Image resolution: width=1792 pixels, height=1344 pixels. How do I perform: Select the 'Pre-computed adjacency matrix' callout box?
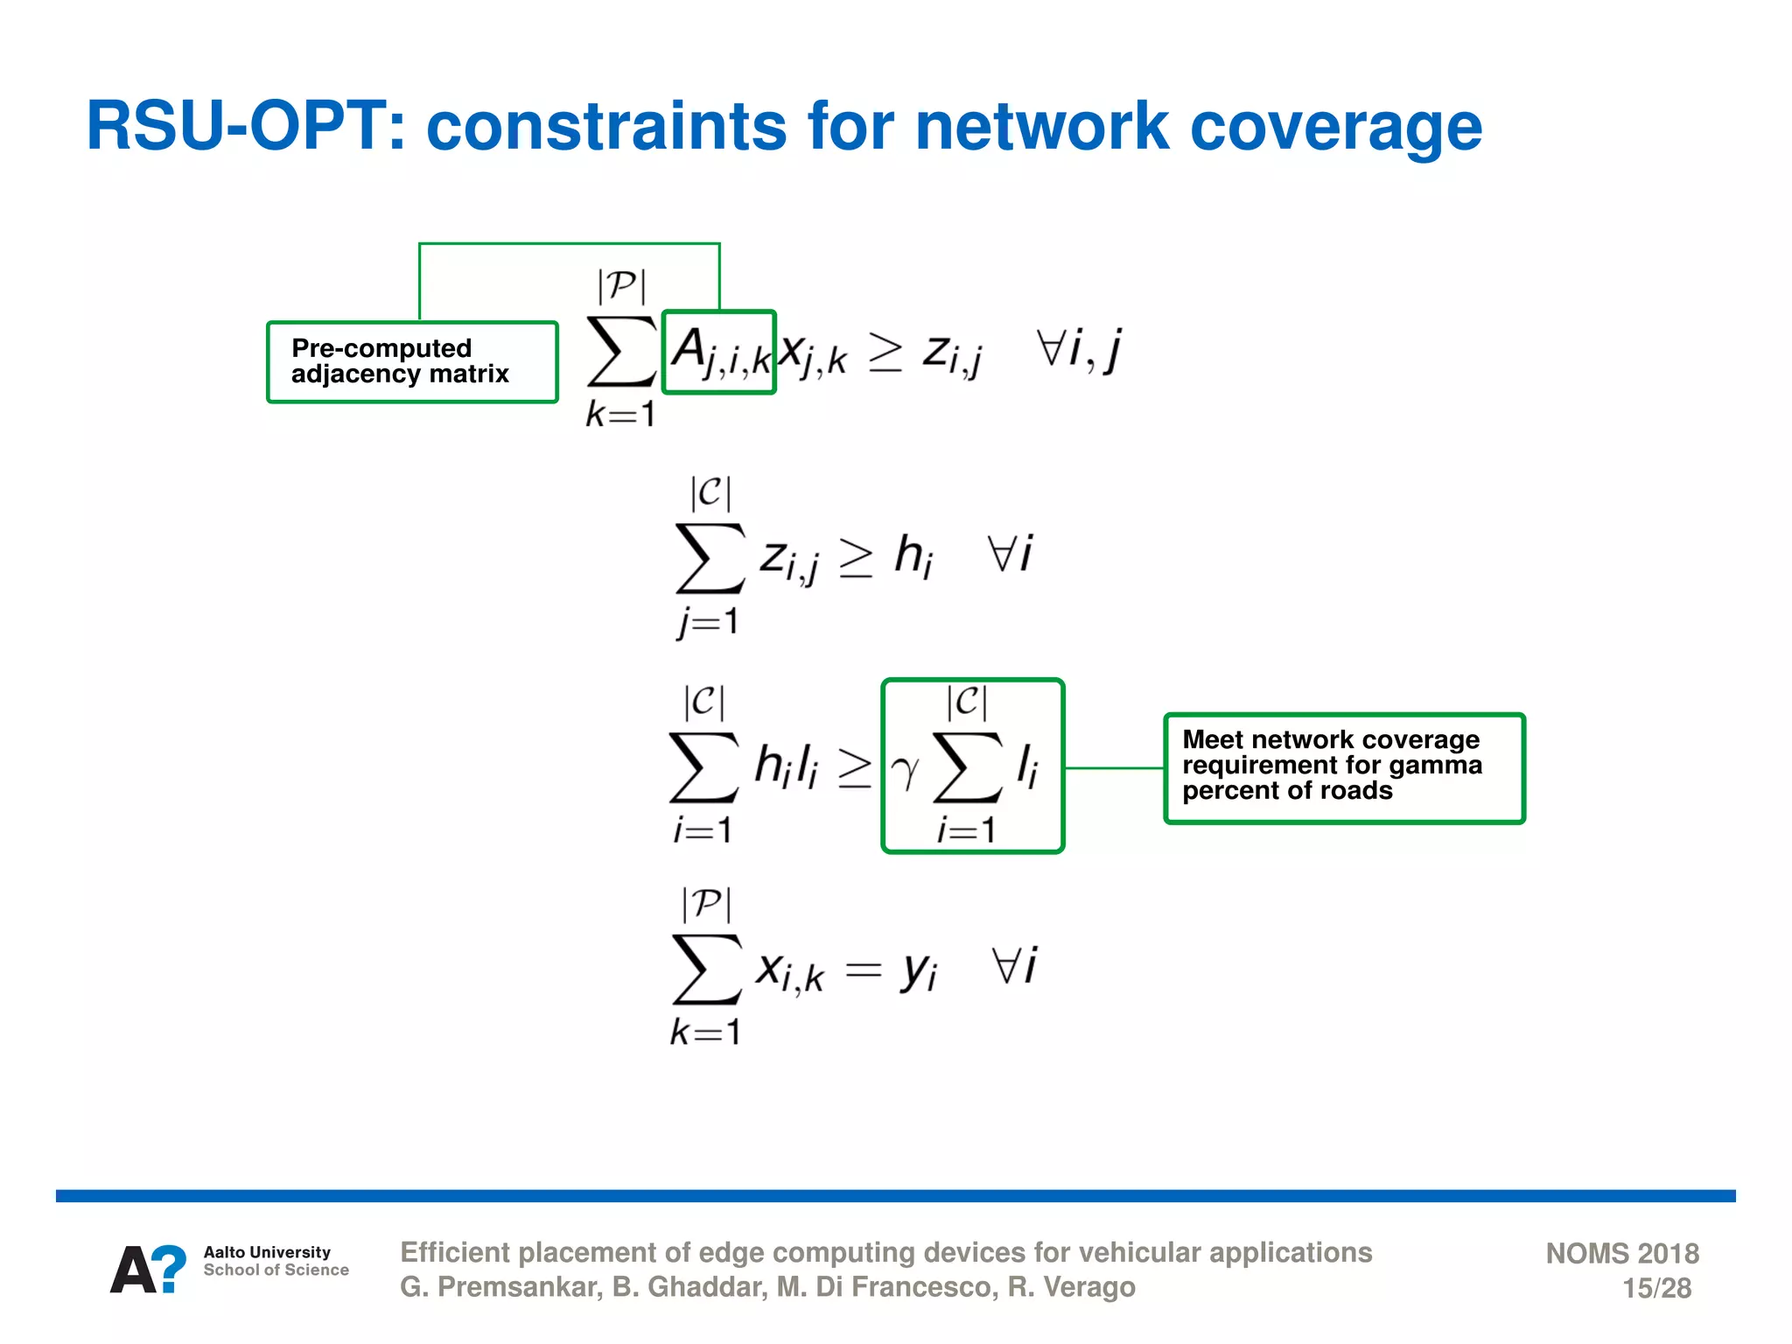(412, 361)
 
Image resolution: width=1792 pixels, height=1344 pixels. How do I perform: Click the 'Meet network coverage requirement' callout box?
(1344, 767)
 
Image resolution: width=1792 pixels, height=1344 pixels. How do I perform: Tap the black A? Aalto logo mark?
(148, 1269)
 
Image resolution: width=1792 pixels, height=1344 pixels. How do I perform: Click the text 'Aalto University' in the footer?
(267, 1252)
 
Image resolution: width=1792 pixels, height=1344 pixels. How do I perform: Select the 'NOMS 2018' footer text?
(1621, 1253)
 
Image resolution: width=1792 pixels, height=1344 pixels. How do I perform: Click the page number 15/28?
(1656, 1288)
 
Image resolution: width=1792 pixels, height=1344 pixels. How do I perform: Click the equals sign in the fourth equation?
(863, 969)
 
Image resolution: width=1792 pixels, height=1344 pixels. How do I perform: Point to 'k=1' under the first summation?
(619, 414)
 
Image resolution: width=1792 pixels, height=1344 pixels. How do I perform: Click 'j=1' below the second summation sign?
(707, 622)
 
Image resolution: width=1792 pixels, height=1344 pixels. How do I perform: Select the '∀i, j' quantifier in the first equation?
(1078, 350)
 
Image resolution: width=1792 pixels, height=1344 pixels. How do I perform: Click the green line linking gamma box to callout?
(1114, 768)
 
